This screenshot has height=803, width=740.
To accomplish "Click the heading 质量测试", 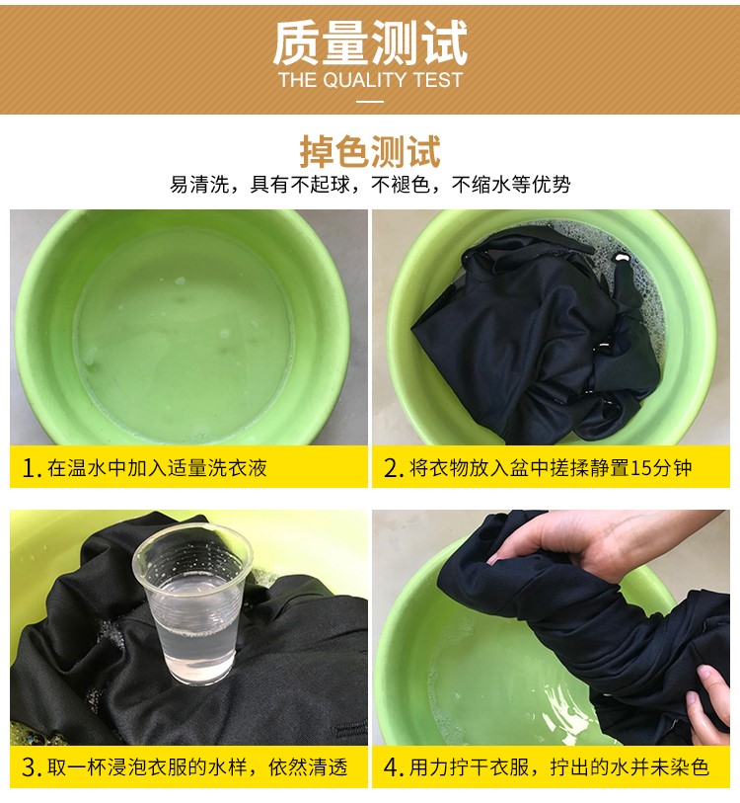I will (370, 44).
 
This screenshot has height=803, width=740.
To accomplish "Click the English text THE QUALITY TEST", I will (370, 81).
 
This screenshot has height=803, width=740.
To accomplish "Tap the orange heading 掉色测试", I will (370, 152).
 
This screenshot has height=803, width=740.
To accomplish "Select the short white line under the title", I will (370, 101).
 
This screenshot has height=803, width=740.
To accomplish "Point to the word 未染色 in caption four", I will (679, 767).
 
